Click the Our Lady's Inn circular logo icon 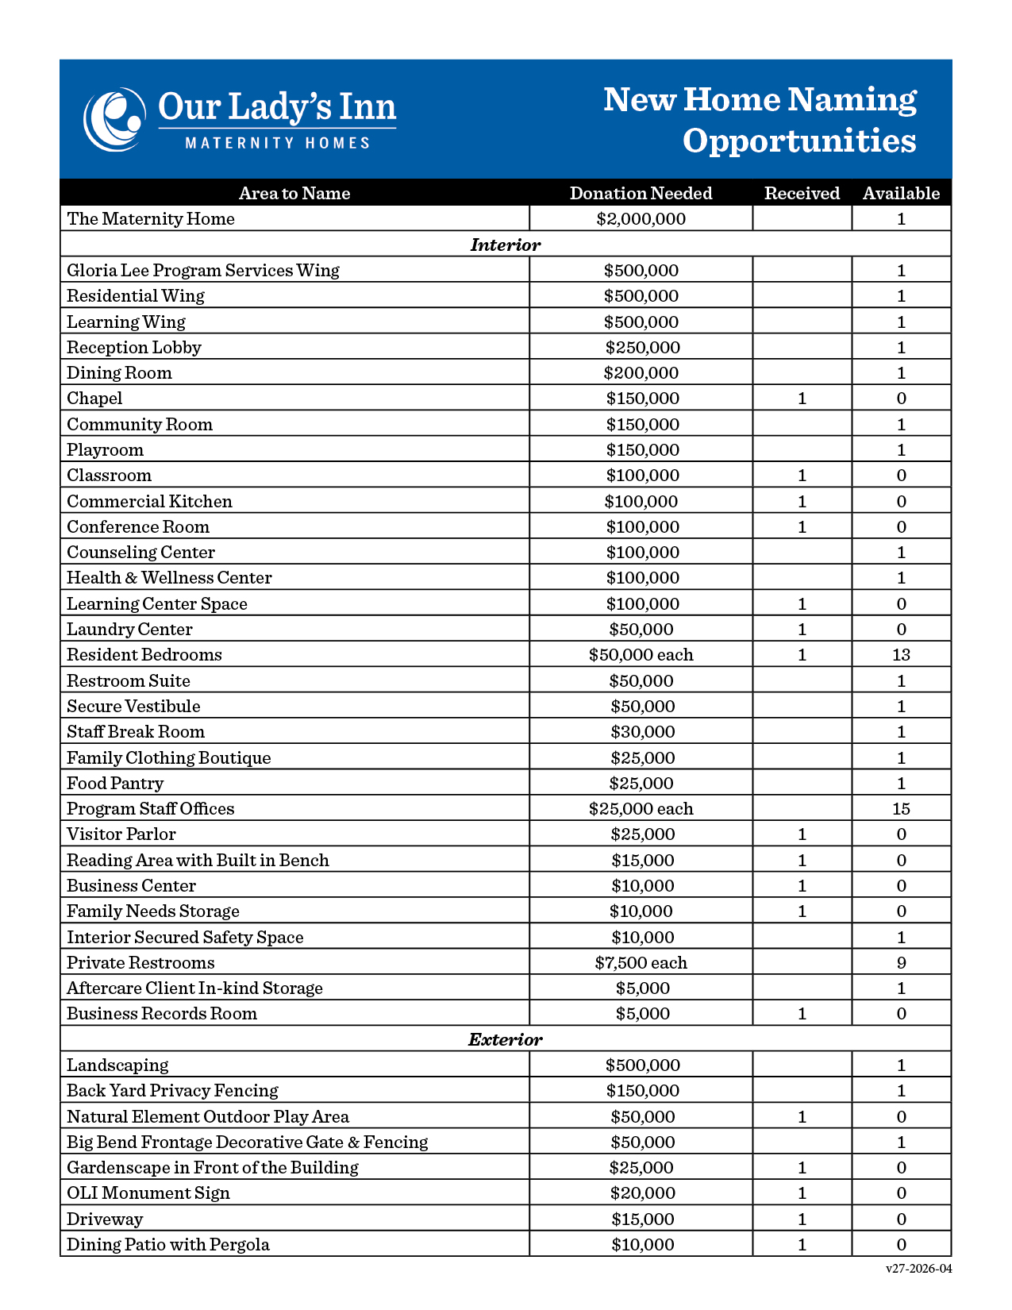114,119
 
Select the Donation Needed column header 641,193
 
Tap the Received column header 802,193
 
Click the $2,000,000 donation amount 641,219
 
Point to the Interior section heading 505,245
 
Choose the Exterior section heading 505,1039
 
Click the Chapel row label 94,399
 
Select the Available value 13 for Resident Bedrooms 901,655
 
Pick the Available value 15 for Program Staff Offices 901,809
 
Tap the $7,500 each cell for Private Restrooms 641,963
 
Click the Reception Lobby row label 134,348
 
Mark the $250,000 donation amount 642,348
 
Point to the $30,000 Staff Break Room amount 642,732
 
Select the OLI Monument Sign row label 148,1193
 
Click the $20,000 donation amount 642,1193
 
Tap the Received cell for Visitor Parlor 802,834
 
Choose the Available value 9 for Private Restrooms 901,963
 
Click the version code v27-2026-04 918,1269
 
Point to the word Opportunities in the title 799,141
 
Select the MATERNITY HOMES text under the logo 278,143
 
